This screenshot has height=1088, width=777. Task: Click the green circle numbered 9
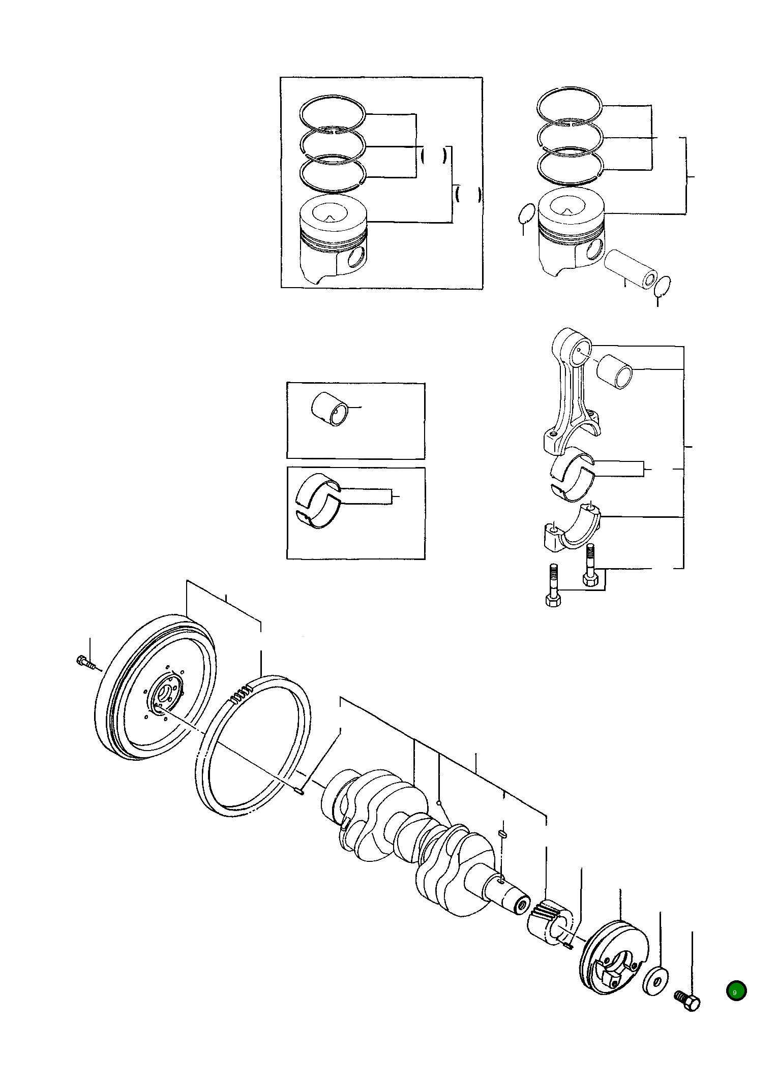736,991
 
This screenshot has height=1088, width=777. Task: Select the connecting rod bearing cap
570,529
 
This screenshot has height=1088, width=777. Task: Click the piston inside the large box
334,239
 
